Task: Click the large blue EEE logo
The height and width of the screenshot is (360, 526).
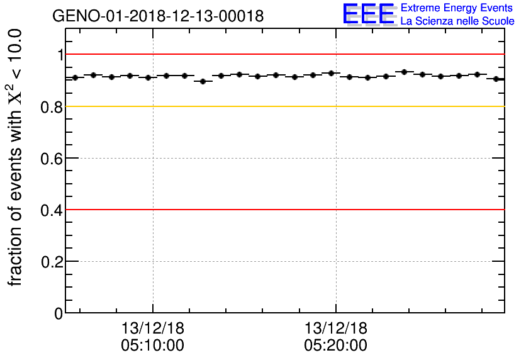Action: click(x=369, y=14)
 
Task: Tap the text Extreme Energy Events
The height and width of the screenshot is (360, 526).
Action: click(x=457, y=8)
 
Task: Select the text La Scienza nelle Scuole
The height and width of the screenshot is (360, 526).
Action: click(x=457, y=21)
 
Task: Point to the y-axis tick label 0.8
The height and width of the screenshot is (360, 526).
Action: click(x=52, y=107)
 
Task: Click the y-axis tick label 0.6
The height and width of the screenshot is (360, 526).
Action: click(x=52, y=159)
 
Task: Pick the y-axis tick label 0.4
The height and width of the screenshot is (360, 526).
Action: click(x=52, y=210)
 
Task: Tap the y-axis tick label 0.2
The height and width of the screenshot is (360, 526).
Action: click(x=52, y=262)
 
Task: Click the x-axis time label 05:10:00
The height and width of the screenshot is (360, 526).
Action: click(x=153, y=346)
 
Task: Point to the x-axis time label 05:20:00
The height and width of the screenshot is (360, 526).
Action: click(x=336, y=346)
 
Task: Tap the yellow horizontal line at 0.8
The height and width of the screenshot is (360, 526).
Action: click(x=283, y=106)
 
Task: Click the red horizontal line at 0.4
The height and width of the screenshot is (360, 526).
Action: click(x=283, y=210)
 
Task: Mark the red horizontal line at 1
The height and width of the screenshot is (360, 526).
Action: click(x=283, y=55)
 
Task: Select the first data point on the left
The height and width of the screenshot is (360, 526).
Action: click(x=75, y=77)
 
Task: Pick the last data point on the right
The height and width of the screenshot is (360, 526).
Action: click(x=496, y=79)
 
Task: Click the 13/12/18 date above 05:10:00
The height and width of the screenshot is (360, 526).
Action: click(x=153, y=329)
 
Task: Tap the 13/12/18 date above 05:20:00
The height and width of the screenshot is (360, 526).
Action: click(x=336, y=329)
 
